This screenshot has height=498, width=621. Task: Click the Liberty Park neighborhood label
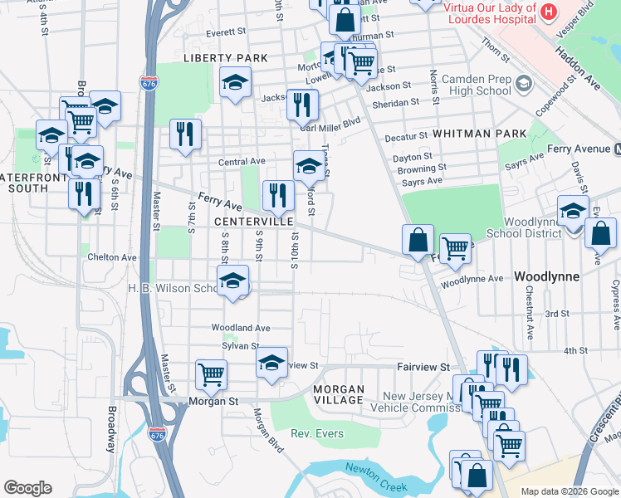point(226,58)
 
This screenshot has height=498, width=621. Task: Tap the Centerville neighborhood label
point(253,222)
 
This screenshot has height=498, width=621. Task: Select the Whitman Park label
point(480,134)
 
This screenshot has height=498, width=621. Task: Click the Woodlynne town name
point(544,275)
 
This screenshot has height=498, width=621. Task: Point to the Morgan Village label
point(339,394)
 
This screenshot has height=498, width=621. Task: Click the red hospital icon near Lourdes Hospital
point(548,12)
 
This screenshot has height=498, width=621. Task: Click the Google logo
point(27,488)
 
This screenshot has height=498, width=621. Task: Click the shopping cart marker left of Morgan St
point(212,374)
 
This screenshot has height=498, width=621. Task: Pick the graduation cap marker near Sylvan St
point(271,362)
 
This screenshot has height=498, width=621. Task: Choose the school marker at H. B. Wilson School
point(233,281)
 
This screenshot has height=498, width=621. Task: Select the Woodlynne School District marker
point(573,211)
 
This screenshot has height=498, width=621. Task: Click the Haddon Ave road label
point(589,66)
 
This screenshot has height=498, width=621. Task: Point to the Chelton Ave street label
point(112,258)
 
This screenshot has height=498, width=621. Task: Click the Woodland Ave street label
point(241,329)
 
